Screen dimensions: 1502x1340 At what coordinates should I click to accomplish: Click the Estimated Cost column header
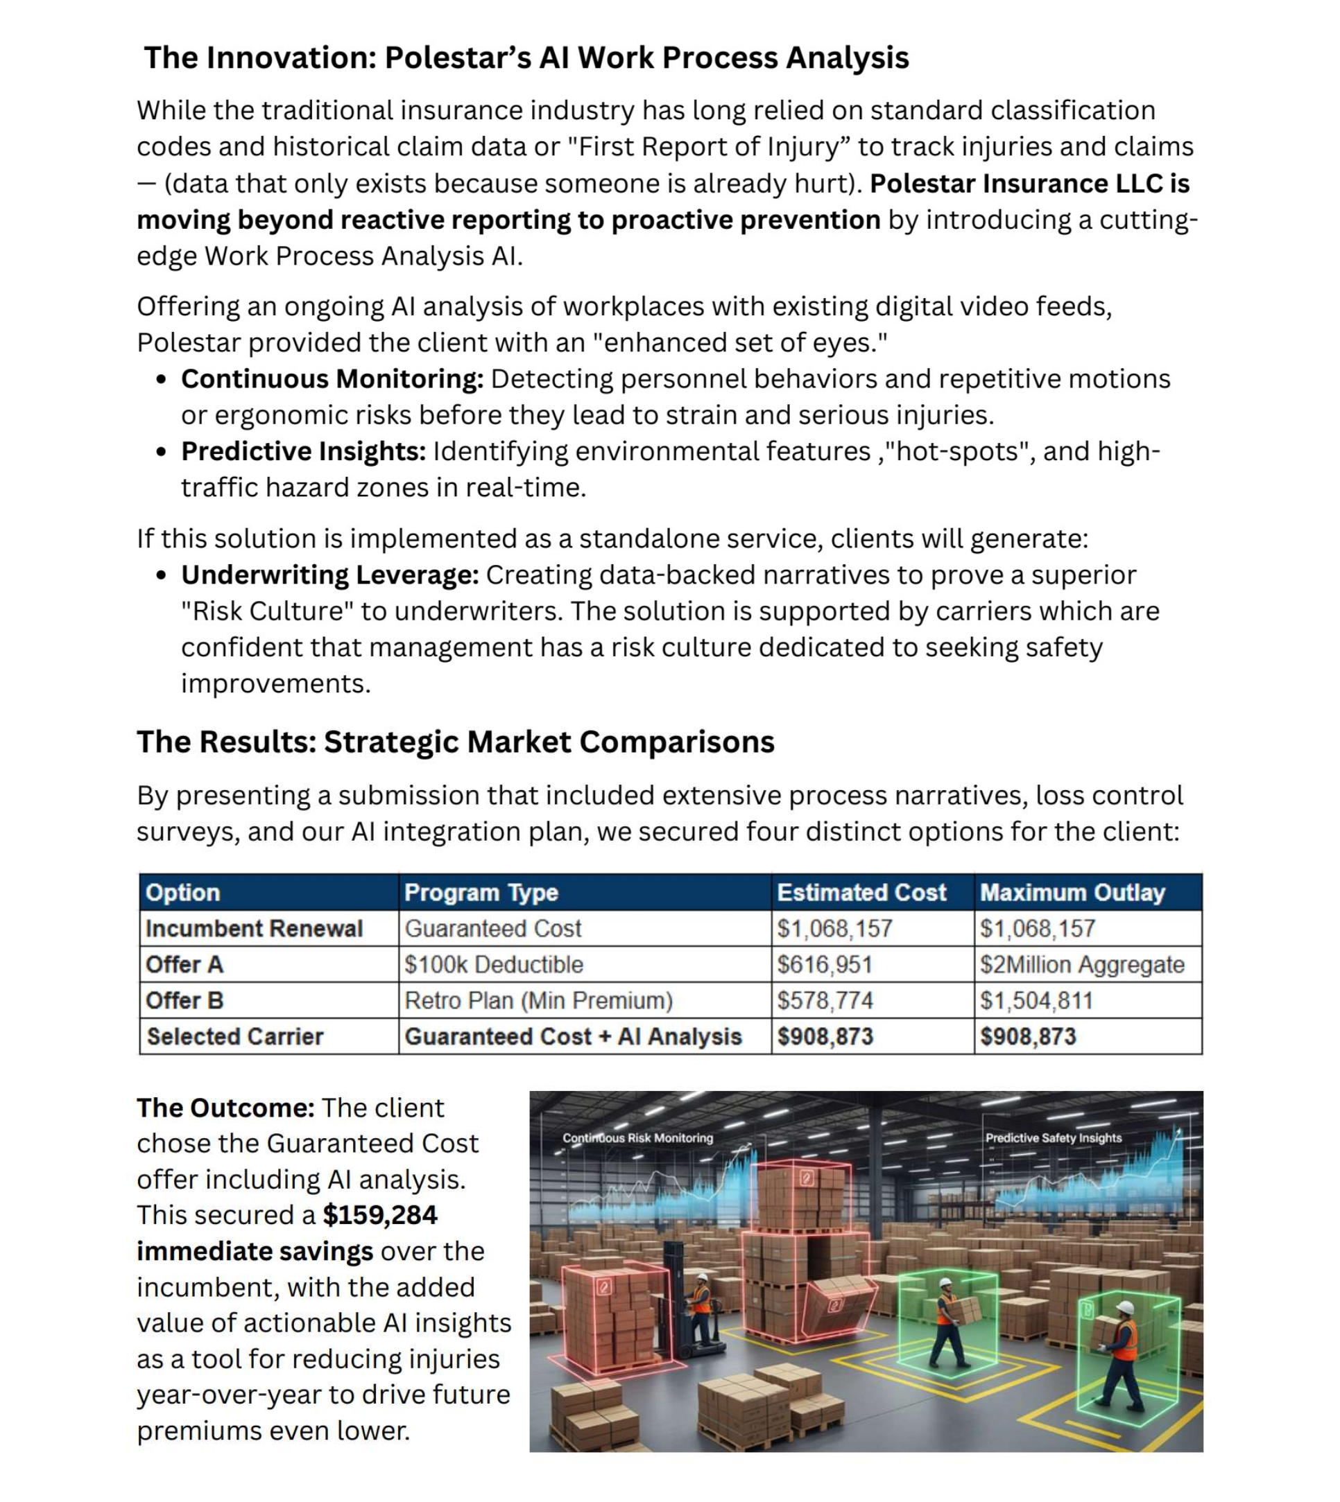[861, 892]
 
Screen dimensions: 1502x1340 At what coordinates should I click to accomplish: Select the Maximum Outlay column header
[1072, 892]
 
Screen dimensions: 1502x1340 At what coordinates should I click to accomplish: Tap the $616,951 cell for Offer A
[825, 964]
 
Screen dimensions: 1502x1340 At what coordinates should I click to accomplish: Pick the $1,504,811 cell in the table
[1036, 1000]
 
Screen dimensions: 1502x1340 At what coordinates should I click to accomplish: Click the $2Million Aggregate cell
[1081, 964]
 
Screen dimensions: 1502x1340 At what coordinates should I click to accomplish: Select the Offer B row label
[184, 1000]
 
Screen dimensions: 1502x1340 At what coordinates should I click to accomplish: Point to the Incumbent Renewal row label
[254, 928]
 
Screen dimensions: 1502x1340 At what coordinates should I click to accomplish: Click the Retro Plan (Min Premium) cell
[538, 1000]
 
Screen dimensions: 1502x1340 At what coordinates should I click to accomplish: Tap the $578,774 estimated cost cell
[825, 1000]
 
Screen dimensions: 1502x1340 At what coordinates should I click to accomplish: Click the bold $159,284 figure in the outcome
[380, 1214]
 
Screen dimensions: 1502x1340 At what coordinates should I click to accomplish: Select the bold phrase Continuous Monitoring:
[332, 379]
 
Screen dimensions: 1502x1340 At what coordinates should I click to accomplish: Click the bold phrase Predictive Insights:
[303, 451]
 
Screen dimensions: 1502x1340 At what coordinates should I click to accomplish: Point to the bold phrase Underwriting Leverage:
[330, 575]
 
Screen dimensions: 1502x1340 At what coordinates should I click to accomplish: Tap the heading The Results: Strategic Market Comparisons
[455, 742]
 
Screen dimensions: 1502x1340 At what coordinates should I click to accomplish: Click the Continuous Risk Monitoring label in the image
[637, 1137]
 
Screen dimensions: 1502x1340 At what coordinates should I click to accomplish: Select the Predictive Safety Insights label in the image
[1053, 1137]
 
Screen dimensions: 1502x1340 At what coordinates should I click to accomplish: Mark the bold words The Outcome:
[225, 1108]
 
